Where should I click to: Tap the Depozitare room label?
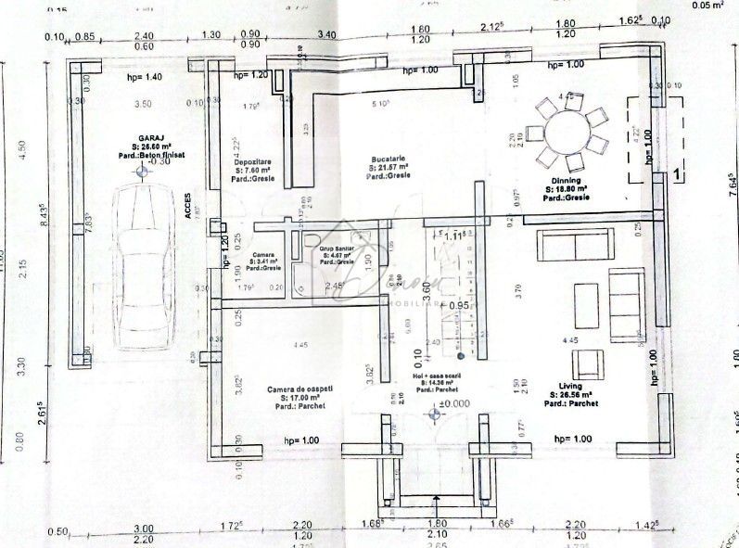coord(252,160)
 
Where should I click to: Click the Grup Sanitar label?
coord(338,249)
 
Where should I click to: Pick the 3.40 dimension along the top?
coord(326,35)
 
